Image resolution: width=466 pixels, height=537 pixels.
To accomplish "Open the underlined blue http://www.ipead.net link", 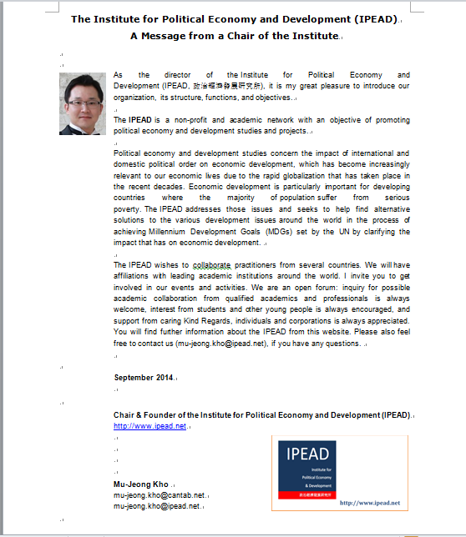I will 149,425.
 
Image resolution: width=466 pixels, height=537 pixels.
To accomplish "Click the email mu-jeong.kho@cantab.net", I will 159,494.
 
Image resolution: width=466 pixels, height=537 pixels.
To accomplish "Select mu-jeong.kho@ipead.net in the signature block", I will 156,505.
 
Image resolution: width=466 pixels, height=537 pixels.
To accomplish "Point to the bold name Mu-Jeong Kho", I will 140,484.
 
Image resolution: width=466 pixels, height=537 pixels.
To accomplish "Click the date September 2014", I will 144,377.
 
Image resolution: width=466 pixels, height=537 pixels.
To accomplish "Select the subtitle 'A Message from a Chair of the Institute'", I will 234,36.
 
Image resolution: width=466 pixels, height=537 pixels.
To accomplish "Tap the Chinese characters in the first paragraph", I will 228,85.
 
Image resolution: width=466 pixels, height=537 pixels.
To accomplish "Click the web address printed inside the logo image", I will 370,503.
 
